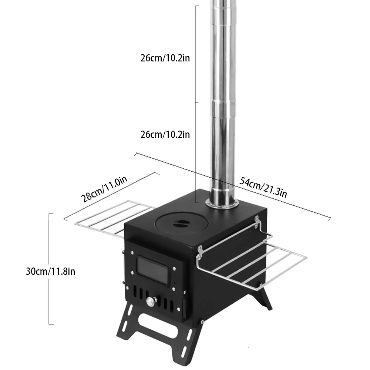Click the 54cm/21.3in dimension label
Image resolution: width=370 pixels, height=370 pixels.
point(263,187)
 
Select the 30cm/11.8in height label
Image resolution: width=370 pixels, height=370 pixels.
point(51,271)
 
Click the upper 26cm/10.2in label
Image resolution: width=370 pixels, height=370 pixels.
point(165,58)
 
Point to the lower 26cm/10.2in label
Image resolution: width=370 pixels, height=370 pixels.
point(165,135)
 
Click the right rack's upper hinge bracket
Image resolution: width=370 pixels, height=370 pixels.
point(257,221)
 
